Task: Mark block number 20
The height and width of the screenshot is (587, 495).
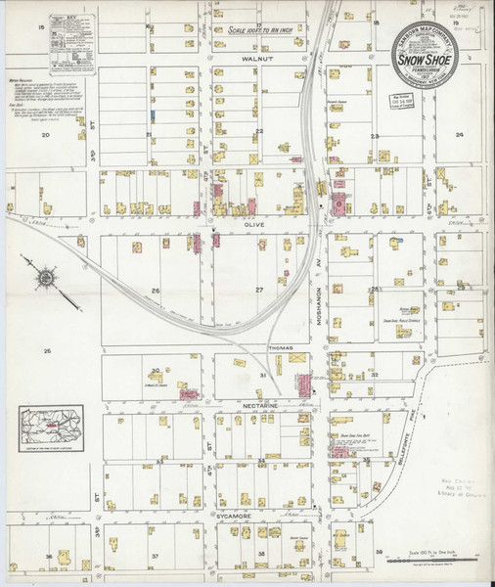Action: click(x=45, y=135)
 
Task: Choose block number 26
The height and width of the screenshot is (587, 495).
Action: click(x=155, y=291)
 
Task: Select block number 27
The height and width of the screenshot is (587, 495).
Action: click(x=259, y=291)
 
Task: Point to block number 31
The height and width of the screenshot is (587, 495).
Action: click(x=262, y=375)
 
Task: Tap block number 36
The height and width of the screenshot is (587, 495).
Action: click(x=47, y=557)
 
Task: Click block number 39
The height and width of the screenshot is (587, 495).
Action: click(x=379, y=552)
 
